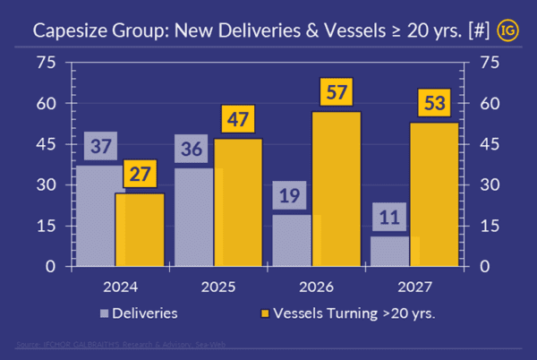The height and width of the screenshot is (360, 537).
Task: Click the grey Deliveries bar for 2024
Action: click(x=96, y=216)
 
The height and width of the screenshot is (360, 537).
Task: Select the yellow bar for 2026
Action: click(x=336, y=189)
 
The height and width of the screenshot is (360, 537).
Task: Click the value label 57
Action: click(x=335, y=91)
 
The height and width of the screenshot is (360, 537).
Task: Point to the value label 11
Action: click(x=388, y=216)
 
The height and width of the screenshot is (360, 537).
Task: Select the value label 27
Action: click(x=139, y=173)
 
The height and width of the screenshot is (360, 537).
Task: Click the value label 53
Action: click(x=435, y=103)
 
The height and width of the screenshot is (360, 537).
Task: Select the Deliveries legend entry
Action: click(x=142, y=313)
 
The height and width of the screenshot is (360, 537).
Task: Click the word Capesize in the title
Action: click(x=71, y=30)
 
